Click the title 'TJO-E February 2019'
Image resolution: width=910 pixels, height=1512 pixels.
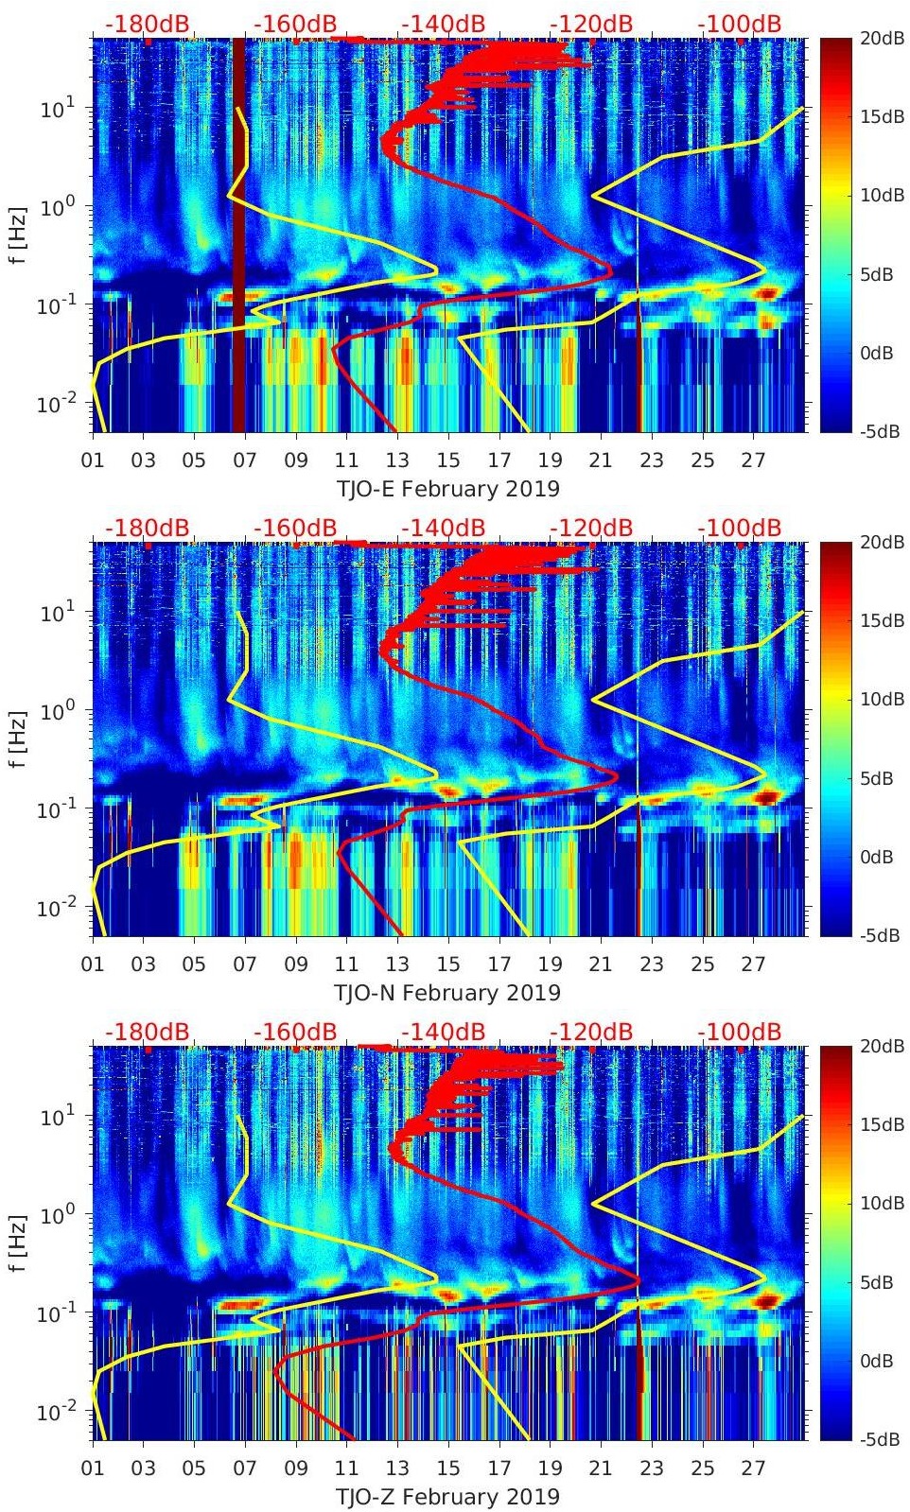(447, 489)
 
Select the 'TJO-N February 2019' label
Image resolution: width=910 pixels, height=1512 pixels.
(447, 993)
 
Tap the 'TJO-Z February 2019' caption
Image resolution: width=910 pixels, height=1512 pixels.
(447, 1497)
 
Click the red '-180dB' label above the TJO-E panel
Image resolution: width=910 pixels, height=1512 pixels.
(147, 24)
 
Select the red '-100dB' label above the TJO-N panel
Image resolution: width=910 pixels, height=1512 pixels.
(740, 528)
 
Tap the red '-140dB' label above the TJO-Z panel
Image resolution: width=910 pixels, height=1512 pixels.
(444, 1032)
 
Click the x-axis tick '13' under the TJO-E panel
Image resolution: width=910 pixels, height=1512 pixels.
(397, 461)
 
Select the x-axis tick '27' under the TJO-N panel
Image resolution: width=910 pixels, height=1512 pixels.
(753, 965)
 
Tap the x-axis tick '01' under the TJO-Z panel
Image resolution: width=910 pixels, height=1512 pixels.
(93, 1469)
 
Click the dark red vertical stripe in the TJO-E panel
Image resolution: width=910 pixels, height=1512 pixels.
(238, 235)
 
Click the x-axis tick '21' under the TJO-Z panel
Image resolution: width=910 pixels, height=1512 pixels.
(601, 1469)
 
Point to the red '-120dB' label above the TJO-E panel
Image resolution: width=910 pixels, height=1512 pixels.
(592, 24)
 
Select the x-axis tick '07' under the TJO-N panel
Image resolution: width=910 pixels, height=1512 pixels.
(245, 965)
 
